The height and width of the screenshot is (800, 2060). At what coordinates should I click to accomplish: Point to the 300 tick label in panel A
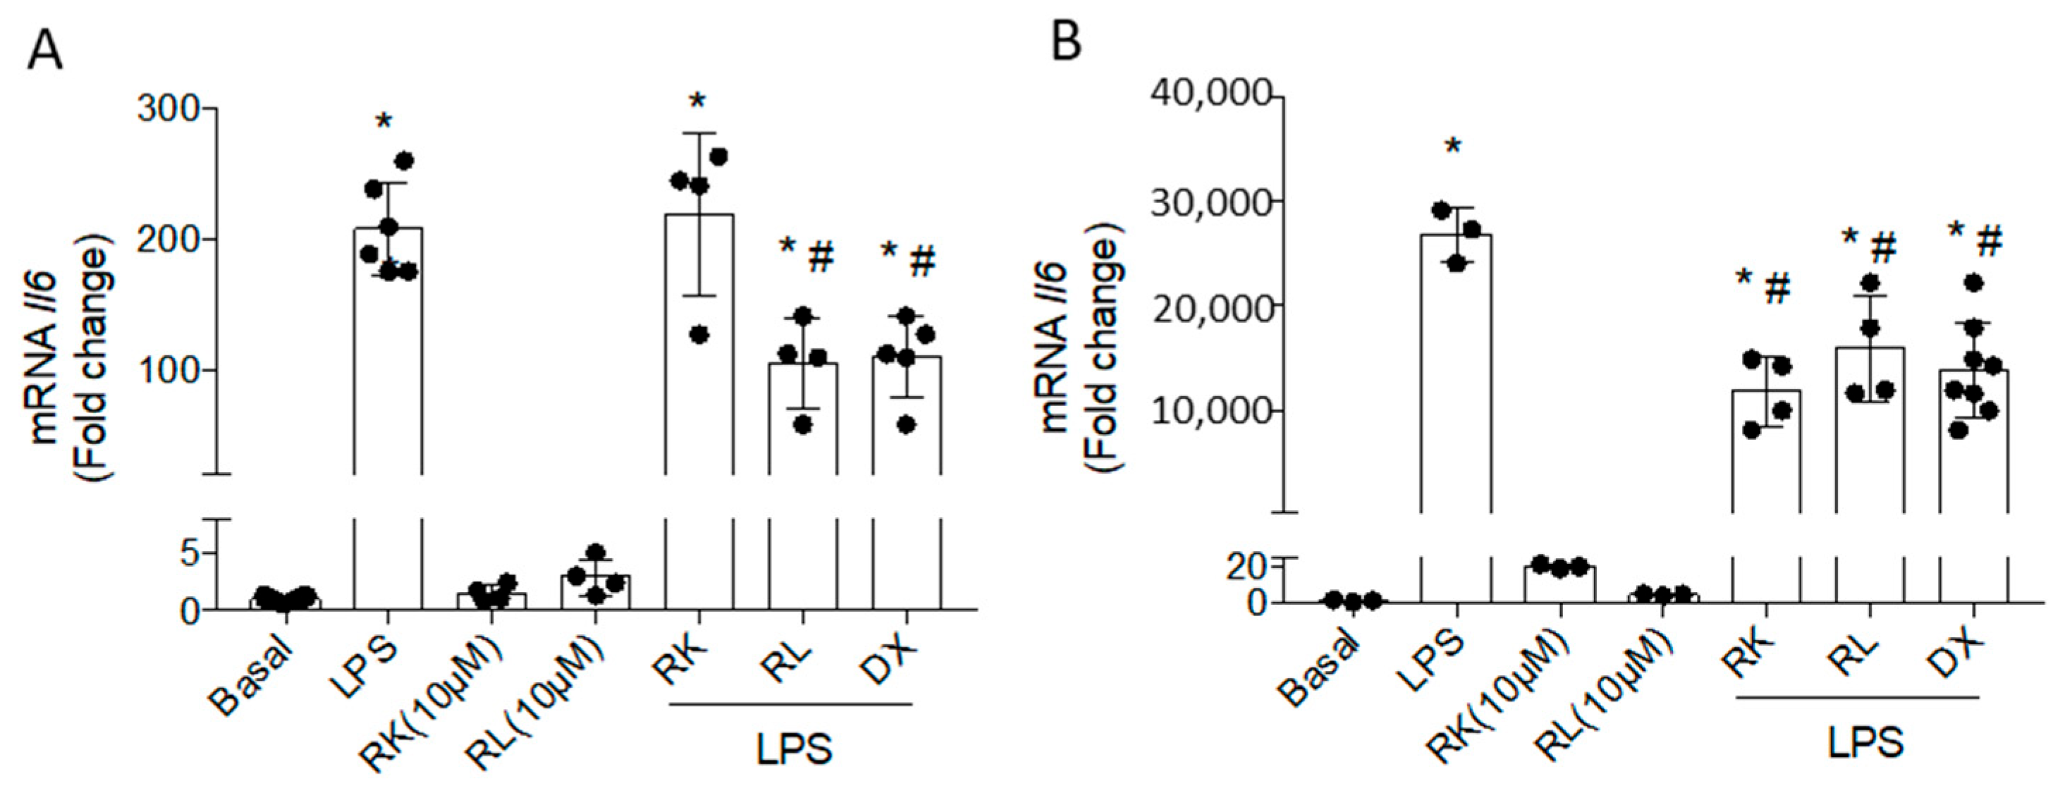168,109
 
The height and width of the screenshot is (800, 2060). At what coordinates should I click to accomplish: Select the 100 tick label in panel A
168,371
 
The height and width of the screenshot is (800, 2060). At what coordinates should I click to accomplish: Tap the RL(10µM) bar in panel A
596,592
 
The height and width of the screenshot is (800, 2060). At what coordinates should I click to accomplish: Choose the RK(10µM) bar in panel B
1560,584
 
